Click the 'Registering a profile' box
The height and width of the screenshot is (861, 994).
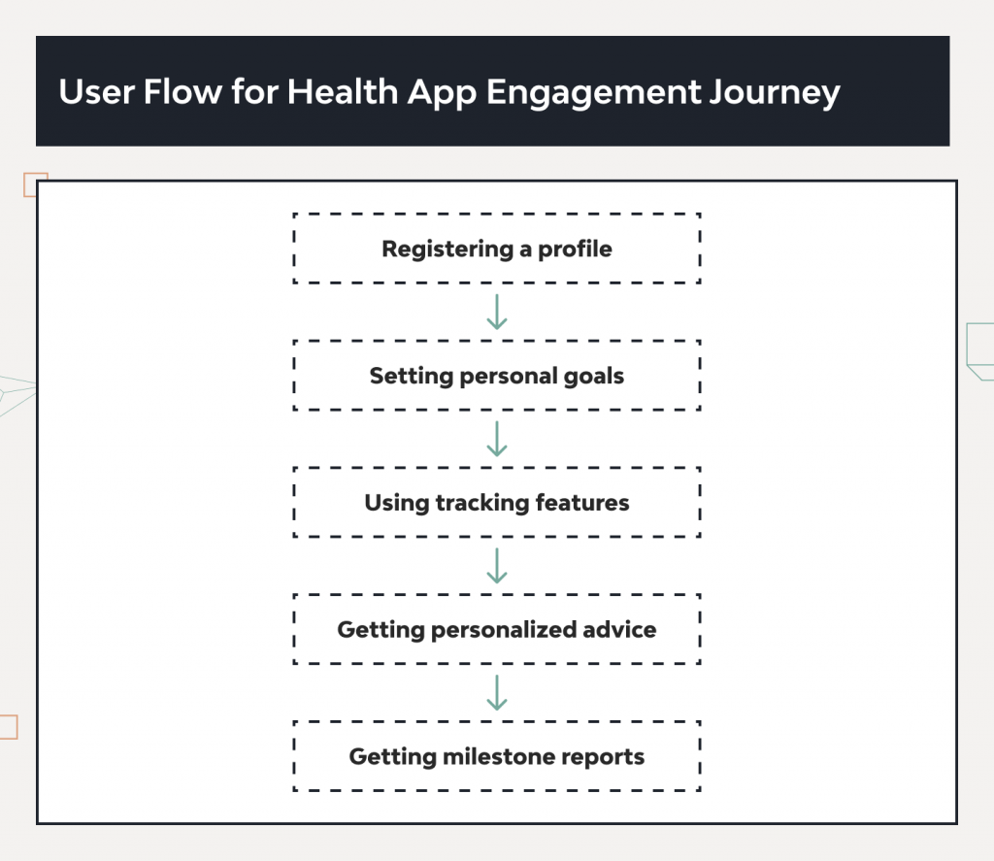[x=496, y=248]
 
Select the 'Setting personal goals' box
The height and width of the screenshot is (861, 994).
[x=496, y=376]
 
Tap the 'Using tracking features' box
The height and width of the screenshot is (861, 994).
[x=496, y=503]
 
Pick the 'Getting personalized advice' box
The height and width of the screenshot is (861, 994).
[x=496, y=630]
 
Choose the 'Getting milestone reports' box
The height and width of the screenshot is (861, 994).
[x=496, y=756]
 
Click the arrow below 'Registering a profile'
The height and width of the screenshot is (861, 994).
[x=497, y=312]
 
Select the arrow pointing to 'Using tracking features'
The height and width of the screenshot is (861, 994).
[x=497, y=439]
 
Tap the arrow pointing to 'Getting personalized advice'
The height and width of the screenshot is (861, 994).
[x=497, y=566]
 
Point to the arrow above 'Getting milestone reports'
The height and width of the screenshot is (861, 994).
[x=497, y=693]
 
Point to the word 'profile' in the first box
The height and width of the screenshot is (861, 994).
[x=576, y=249]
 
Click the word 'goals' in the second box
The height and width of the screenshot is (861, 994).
[x=594, y=377]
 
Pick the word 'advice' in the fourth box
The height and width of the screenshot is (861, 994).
[x=620, y=630]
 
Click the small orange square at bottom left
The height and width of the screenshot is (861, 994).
[x=8, y=727]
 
